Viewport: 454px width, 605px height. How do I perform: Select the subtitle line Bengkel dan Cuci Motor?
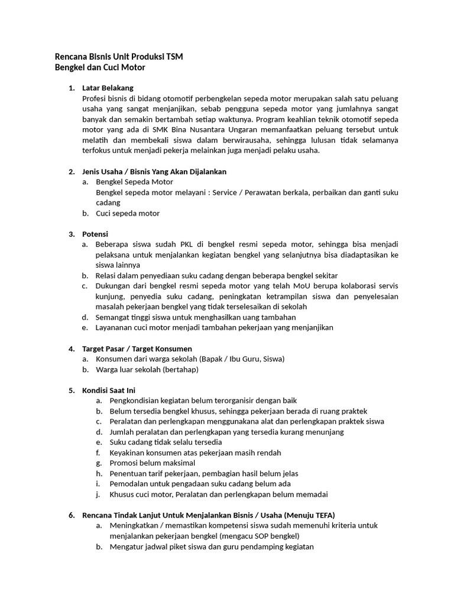tap(100, 68)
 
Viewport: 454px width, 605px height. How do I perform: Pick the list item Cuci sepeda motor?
tap(128, 213)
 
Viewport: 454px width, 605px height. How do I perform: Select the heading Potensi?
tap(95, 234)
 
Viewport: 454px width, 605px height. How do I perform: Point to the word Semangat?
tap(112, 317)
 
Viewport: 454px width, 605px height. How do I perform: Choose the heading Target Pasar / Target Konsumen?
tap(137, 349)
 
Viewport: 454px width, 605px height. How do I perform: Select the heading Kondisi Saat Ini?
tap(109, 390)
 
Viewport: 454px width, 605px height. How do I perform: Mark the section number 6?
tap(71, 515)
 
